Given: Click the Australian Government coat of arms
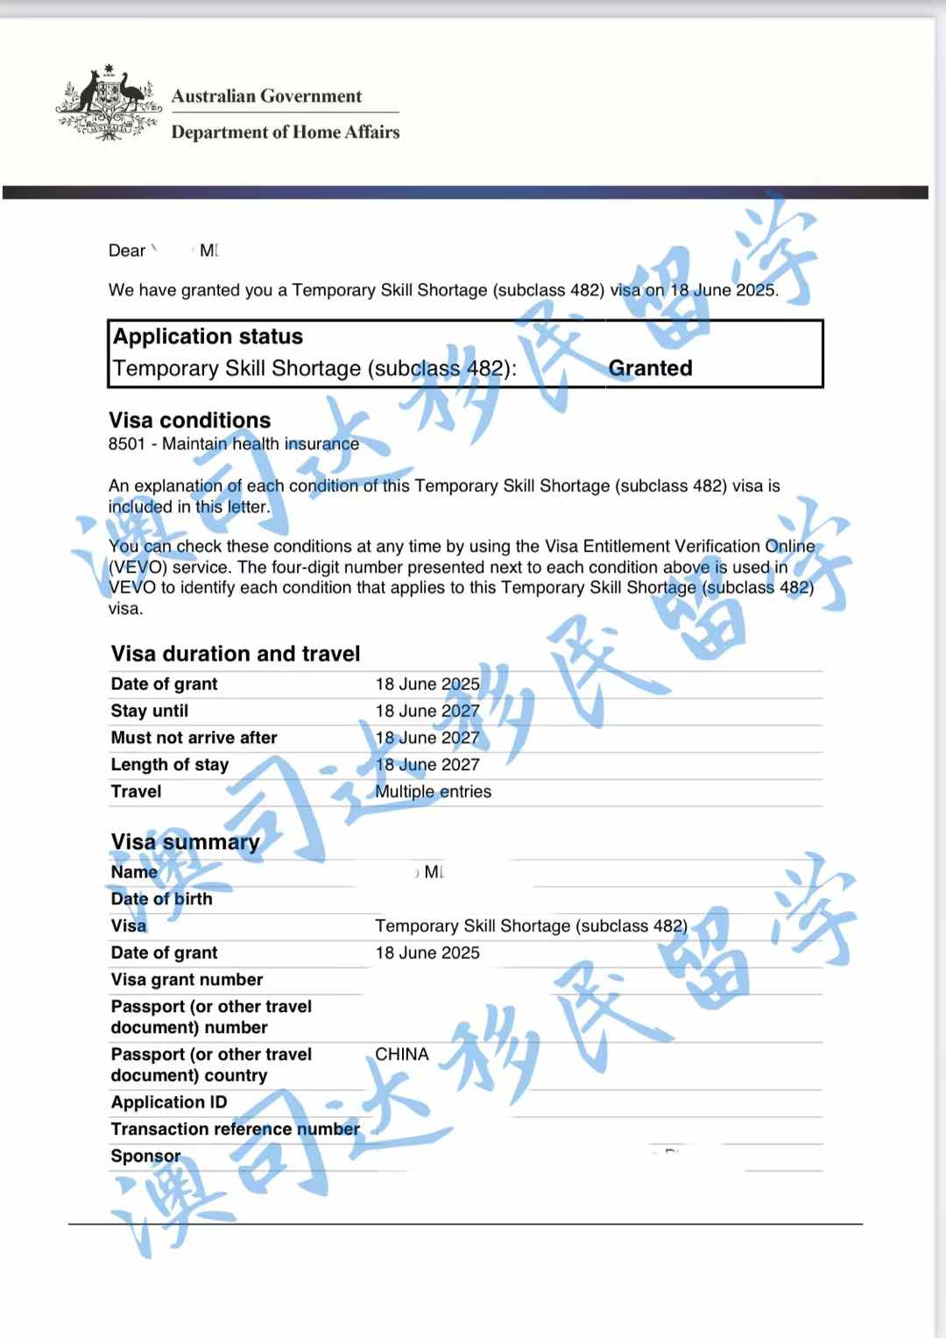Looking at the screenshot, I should click(109, 103).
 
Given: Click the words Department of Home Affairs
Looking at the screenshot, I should click(285, 132).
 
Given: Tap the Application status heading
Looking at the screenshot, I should click(208, 336).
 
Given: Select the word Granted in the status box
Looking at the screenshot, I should click(650, 368).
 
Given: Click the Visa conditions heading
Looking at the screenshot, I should click(189, 420).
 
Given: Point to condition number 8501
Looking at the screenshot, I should click(127, 443).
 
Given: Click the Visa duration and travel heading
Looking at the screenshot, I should click(235, 654).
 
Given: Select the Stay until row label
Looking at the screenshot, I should click(149, 711).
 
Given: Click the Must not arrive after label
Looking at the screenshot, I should click(194, 738).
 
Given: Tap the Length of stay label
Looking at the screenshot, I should click(169, 765).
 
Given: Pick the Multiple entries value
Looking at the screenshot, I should click(433, 791).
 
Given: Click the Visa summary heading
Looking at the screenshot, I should click(185, 842).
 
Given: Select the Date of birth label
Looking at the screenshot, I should click(161, 899).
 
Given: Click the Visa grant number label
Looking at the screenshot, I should click(187, 980).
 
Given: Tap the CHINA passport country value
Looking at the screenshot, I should click(401, 1054).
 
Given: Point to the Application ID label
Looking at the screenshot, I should click(168, 1102).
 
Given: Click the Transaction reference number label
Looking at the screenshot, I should click(235, 1129).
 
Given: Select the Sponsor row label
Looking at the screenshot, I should click(145, 1156).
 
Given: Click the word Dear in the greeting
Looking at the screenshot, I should click(127, 251).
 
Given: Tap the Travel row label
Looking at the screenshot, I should click(136, 791).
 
